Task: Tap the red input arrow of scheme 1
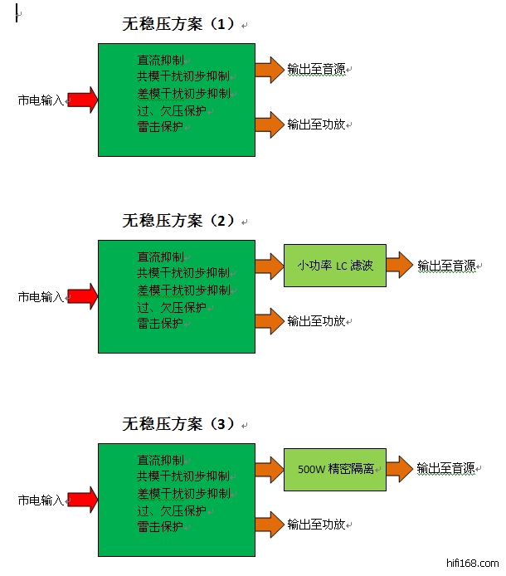coord(82,100)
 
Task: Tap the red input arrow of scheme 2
coord(82,295)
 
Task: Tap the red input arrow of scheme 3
coord(82,500)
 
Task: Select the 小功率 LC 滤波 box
coord(335,266)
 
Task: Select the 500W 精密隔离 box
coord(335,469)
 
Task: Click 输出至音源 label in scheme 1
coord(316,70)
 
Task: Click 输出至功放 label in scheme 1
coord(316,124)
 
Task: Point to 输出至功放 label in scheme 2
coord(316,320)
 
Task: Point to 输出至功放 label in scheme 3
coord(316,524)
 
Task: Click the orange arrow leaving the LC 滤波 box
coord(399,266)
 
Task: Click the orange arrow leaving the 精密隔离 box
coord(399,468)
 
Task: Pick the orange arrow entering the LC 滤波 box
coord(270,266)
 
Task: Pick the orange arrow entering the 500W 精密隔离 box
coord(270,468)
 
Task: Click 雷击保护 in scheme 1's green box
coord(160,127)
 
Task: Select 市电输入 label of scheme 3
coord(41,500)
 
